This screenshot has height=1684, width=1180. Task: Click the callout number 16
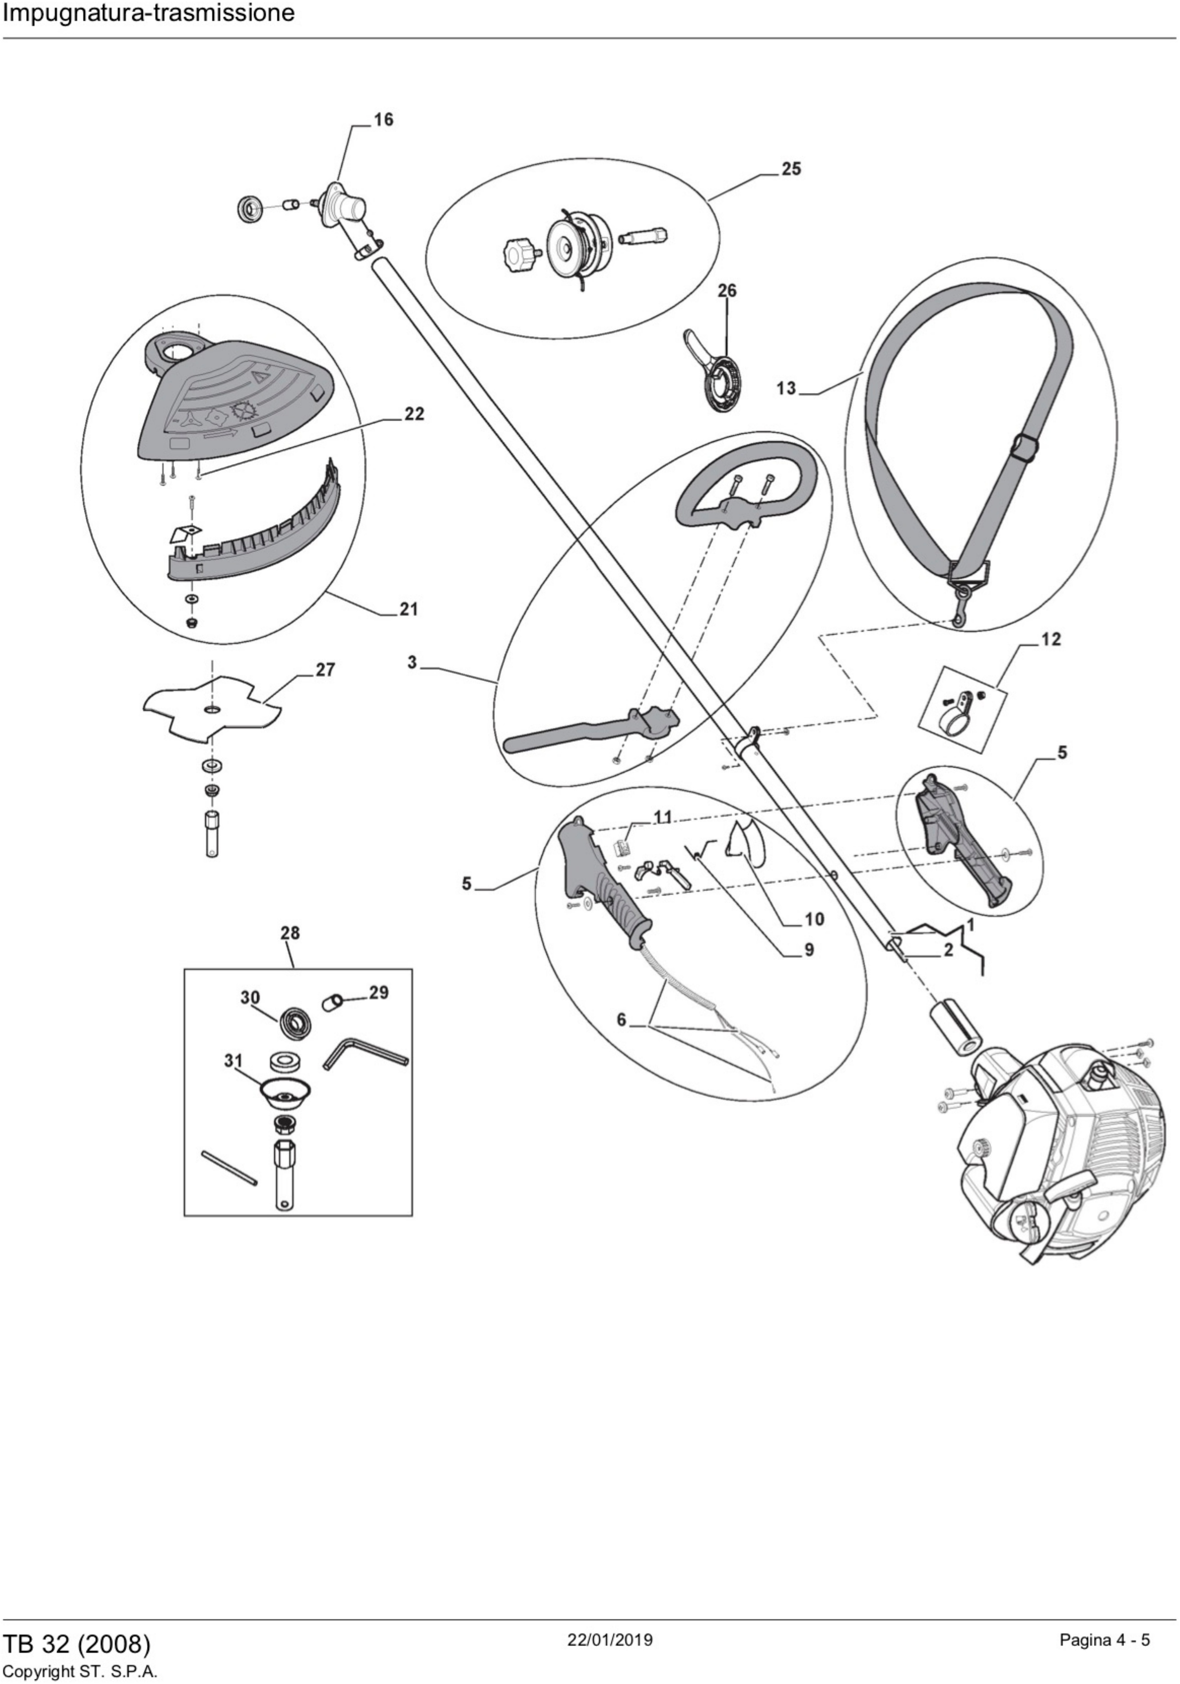383,120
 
